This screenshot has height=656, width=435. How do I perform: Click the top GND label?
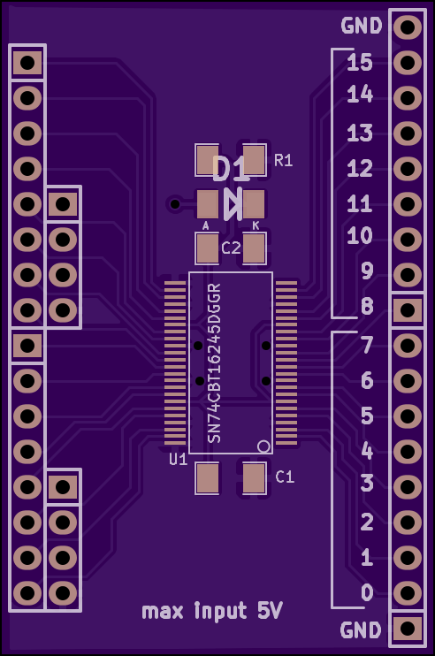[x=362, y=26]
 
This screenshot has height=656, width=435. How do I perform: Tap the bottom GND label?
[x=361, y=629]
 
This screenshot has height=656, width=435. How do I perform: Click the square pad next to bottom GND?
[x=408, y=628]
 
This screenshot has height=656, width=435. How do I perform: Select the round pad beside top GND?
[x=408, y=27]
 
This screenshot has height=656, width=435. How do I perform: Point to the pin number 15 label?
[x=360, y=63]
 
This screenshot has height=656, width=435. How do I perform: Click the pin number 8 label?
[x=367, y=306]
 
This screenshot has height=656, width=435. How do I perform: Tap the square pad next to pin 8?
[x=408, y=310]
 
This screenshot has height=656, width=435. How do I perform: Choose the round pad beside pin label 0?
[x=408, y=593]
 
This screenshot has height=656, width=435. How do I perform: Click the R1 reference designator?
[x=283, y=160]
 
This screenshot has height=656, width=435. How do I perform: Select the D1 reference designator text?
[x=230, y=169]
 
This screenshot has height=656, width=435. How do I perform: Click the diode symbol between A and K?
[x=233, y=204]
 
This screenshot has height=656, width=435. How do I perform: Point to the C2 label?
[x=231, y=248]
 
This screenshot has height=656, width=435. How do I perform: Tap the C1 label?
[x=285, y=477]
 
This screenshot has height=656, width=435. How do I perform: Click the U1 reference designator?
[x=179, y=460]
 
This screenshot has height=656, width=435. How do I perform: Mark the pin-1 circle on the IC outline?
[x=264, y=446]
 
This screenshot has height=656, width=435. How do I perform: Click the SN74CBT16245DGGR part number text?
[x=214, y=363]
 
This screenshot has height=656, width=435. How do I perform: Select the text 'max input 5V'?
[x=212, y=611]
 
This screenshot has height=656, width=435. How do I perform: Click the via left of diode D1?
[x=175, y=204]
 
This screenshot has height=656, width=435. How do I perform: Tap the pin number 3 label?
[x=367, y=484]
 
